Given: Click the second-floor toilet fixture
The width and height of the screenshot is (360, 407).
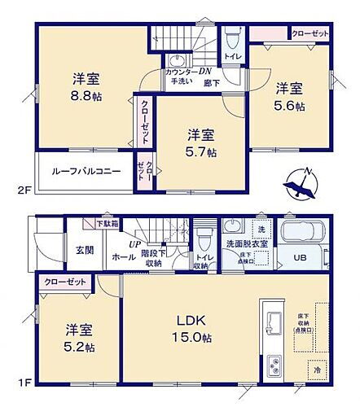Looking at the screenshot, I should [231, 39].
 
